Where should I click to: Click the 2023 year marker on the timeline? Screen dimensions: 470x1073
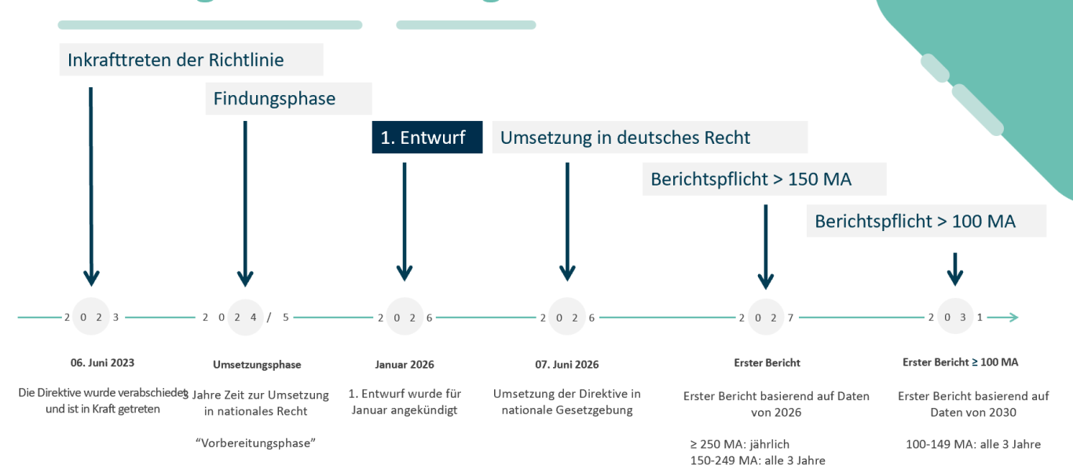pyautogui.click(x=92, y=318)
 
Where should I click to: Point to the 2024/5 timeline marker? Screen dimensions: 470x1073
pyautogui.click(x=246, y=318)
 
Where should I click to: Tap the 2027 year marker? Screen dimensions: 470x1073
pyautogui.click(x=766, y=318)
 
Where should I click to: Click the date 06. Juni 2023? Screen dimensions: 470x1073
pyautogui.click(x=102, y=363)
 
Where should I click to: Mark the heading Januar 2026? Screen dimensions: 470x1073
pyautogui.click(x=405, y=365)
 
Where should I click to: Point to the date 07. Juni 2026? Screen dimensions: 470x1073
pyautogui.click(x=566, y=365)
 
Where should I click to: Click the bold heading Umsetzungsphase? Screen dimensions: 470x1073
pyautogui.click(x=257, y=365)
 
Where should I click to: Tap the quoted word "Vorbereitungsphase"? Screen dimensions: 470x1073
pyautogui.click(x=255, y=442)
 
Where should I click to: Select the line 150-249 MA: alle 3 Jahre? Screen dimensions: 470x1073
pyautogui.click(x=757, y=461)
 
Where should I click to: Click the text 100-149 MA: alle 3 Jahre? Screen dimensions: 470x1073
pyautogui.click(x=973, y=444)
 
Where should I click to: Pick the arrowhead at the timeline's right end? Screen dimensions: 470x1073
pyautogui.click(x=1013, y=318)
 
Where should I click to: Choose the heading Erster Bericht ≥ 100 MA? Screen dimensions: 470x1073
pyautogui.click(x=960, y=362)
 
